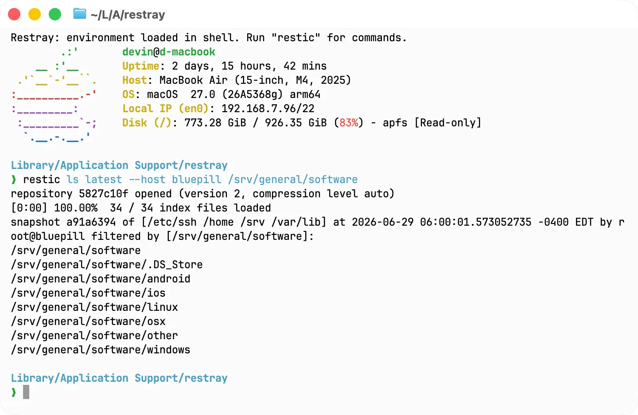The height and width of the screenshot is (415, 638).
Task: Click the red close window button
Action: (14, 14)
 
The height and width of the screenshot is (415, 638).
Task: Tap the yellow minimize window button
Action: (35, 14)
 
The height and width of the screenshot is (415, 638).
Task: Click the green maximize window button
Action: (55, 14)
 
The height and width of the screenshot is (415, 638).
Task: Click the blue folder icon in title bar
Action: (79, 14)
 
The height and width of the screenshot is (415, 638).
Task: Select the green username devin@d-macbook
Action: (169, 52)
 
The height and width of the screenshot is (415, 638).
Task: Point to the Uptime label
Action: (141, 66)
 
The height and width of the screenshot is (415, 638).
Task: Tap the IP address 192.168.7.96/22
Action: (268, 109)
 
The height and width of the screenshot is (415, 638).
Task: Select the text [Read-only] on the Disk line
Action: (447, 123)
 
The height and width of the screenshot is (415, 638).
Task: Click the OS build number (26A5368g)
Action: (252, 94)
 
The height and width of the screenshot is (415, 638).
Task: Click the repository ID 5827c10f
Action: (103, 194)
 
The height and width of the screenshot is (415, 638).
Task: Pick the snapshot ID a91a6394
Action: (91, 222)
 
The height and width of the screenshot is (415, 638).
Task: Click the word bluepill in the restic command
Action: (197, 180)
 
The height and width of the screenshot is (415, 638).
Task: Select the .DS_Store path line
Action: (107, 265)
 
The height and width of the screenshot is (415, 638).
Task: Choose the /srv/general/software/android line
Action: (101, 279)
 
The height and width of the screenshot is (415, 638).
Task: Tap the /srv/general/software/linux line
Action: (94, 307)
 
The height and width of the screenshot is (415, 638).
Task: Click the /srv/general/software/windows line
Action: (101, 350)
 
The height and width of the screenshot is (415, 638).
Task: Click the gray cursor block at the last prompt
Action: (26, 392)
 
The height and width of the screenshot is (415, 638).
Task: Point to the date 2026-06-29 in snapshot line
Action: (382, 222)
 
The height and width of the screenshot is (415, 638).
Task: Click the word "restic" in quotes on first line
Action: (296, 38)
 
